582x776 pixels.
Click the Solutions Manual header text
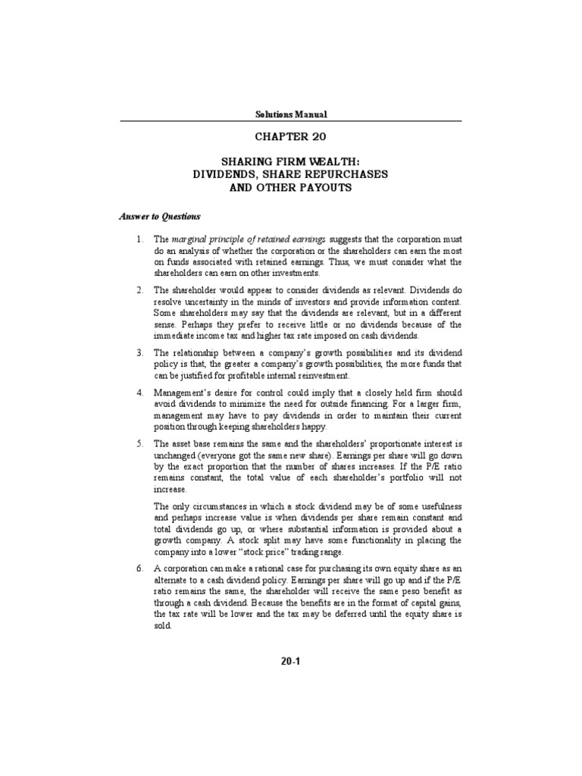click(x=290, y=114)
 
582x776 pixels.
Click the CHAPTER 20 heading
click(x=291, y=138)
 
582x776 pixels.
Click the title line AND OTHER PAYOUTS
click(x=291, y=188)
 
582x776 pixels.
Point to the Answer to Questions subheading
click(x=159, y=216)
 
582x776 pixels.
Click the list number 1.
click(x=139, y=239)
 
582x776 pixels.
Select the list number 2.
click(x=139, y=290)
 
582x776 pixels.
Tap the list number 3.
click(x=139, y=352)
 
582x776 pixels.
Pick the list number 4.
click(x=139, y=393)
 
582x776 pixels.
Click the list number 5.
click(x=139, y=443)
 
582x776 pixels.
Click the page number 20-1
click(x=291, y=662)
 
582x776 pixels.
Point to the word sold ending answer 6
click(x=164, y=628)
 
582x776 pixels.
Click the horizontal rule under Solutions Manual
click(x=291, y=121)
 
